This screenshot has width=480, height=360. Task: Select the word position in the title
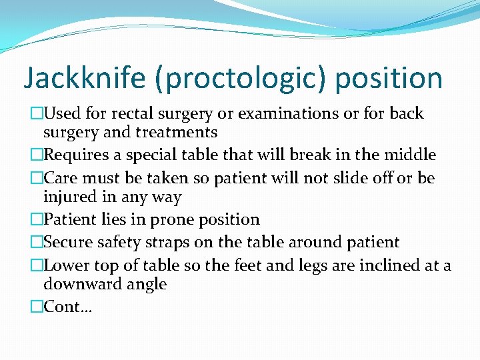[x=389, y=78]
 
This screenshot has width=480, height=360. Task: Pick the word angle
[x=145, y=284]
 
